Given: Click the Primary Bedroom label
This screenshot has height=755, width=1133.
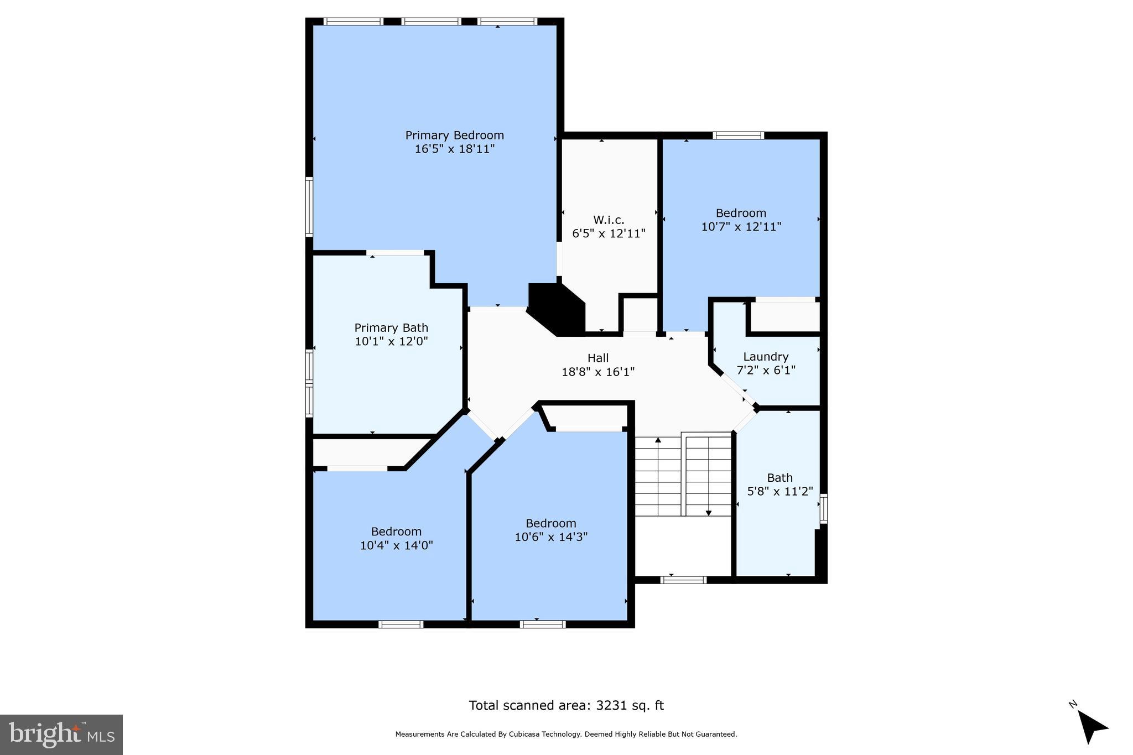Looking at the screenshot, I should tap(454, 136).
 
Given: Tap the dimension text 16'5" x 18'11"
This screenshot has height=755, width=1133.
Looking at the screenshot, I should tap(454, 149).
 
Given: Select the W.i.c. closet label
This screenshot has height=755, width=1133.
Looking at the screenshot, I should tap(609, 220).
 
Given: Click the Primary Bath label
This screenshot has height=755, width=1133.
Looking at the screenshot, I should tap(391, 328).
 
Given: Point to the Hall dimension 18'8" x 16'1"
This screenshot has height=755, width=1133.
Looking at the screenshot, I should tap(598, 372).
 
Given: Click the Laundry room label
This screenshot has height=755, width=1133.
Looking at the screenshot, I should tap(766, 357).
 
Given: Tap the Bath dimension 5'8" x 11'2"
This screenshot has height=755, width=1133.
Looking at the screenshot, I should tap(780, 491).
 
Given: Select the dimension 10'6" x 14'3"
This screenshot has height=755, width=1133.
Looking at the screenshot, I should tap(551, 537).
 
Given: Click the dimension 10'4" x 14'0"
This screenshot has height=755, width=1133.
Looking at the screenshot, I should tap(396, 545).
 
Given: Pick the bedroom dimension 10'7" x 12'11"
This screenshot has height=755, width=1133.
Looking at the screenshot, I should tap(741, 227).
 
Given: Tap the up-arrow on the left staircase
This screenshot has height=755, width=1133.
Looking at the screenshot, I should tap(658, 441).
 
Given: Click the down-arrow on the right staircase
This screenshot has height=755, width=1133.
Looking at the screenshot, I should tap(708, 513).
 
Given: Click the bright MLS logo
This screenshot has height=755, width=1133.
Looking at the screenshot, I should tap(61, 735).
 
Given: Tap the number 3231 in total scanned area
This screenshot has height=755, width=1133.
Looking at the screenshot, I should tap(611, 706).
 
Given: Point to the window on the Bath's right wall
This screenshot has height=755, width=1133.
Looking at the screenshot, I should tap(823, 509).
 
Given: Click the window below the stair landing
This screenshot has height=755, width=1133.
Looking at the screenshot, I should tap(683, 580).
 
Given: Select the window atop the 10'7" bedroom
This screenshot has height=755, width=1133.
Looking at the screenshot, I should tap(738, 136).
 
